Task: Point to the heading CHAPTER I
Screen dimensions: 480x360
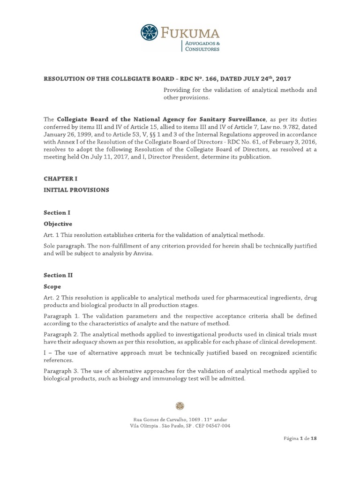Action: point(60,179)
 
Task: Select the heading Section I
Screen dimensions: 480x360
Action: point(57,212)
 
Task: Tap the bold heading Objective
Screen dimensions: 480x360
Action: point(58,224)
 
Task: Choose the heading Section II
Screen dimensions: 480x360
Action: point(58,275)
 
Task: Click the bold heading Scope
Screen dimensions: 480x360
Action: point(52,286)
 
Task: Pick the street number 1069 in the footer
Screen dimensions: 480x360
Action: point(194,419)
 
